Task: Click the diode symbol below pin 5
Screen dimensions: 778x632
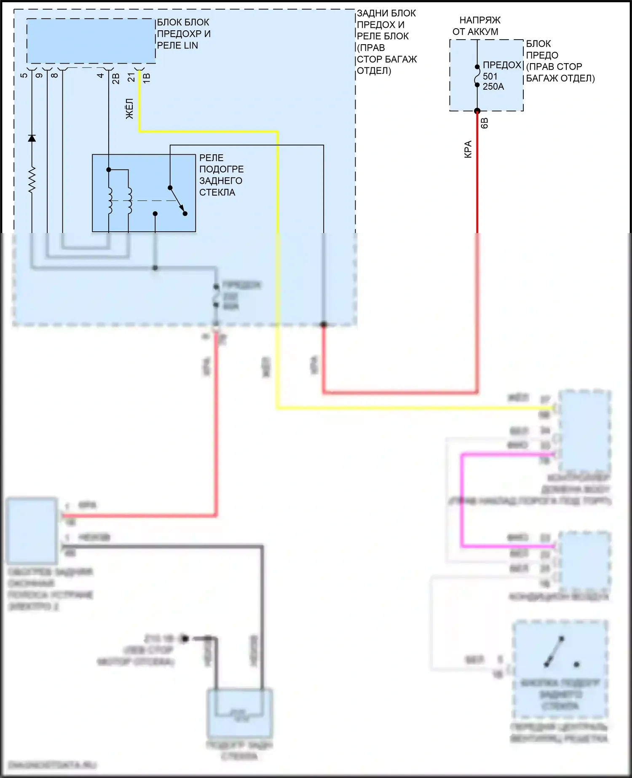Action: (32, 138)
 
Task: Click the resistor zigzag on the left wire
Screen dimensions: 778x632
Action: (32, 180)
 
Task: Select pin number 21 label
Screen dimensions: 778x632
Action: (131, 78)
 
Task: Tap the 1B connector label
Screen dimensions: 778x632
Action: (146, 78)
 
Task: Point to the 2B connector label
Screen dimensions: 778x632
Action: (116, 78)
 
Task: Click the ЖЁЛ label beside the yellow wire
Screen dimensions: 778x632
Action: (130, 108)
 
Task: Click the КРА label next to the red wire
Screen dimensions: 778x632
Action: (468, 149)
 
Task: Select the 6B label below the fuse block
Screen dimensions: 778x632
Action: (485, 123)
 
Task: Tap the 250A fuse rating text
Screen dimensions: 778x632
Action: (493, 87)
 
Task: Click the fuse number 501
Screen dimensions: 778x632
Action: (490, 76)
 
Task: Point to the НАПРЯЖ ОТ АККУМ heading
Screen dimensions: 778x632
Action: (476, 26)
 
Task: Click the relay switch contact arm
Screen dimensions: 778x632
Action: (177, 200)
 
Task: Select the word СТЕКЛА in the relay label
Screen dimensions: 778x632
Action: (217, 192)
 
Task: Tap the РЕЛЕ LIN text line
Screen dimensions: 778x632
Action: (177, 46)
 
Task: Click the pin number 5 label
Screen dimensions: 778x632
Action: (24, 75)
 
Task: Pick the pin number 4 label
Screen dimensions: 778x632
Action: (100, 75)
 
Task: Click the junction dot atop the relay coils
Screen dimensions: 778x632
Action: (109, 170)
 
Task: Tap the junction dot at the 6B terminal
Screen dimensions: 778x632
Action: (477, 111)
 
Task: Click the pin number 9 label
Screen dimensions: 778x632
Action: (39, 75)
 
